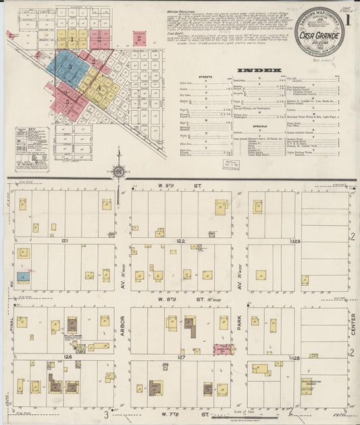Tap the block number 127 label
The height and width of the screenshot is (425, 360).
tap(180, 356)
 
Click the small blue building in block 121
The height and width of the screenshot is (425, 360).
tap(24, 276)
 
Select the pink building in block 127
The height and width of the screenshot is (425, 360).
tap(222, 349)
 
